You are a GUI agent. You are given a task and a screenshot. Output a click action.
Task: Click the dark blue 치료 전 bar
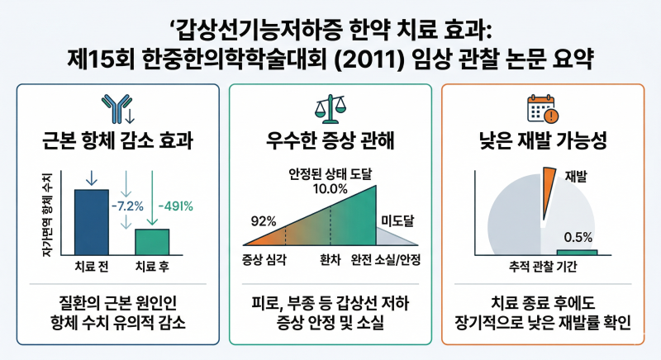92,222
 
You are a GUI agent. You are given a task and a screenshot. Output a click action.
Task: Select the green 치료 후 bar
152,242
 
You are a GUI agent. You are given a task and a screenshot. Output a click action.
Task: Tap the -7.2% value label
127,206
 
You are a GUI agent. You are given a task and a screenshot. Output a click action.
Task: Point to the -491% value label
175,206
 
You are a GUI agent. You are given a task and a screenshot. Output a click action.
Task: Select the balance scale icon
330,109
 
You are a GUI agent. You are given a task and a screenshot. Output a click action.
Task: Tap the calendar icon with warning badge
543,109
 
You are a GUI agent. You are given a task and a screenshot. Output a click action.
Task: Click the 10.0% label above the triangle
330,188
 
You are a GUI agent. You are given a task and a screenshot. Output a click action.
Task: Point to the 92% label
264,221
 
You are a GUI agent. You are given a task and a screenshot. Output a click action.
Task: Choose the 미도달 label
397,220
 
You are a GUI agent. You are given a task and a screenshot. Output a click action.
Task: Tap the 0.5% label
578,238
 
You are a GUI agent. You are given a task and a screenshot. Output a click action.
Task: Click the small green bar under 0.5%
577,253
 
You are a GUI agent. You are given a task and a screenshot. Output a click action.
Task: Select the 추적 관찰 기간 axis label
543,266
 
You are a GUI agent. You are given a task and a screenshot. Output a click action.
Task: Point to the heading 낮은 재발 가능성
543,140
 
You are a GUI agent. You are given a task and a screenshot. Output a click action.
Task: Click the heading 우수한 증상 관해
330,140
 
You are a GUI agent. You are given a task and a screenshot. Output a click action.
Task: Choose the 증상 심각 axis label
264,260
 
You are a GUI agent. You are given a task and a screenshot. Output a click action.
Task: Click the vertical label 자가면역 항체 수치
49,215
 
